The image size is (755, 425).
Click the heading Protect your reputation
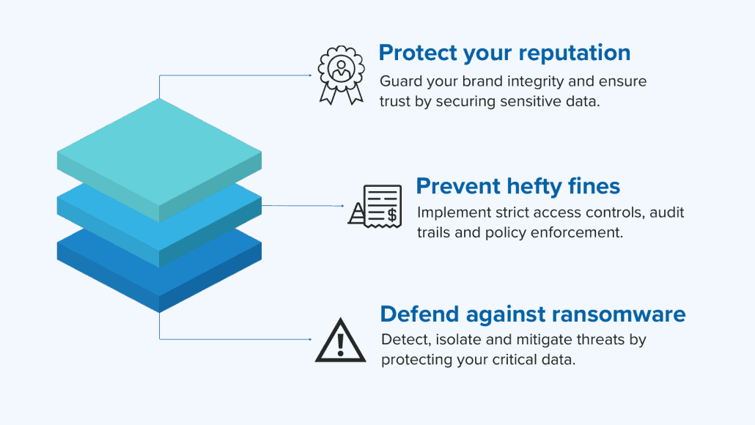[x=504, y=53]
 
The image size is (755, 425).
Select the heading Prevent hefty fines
[x=518, y=186]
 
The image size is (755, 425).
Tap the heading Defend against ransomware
[x=533, y=314]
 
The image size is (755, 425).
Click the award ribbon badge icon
[x=341, y=75]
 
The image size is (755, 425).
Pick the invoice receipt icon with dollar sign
[x=375, y=206]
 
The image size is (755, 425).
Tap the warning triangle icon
[x=340, y=340]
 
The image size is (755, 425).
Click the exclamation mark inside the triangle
[x=340, y=344]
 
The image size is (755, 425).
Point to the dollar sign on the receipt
[x=392, y=214]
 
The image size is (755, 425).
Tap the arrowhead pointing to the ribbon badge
[x=310, y=75]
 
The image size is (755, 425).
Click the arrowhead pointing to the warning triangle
[x=310, y=339]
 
